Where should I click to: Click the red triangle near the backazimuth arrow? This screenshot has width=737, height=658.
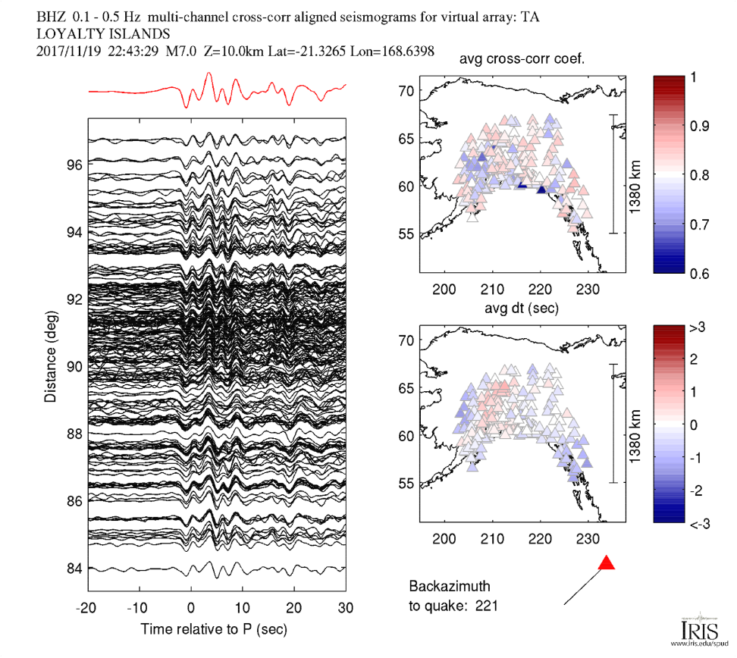[606, 563]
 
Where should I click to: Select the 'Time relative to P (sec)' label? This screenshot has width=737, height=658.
[218, 629]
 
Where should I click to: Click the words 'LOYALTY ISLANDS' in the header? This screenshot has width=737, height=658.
[103, 34]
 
